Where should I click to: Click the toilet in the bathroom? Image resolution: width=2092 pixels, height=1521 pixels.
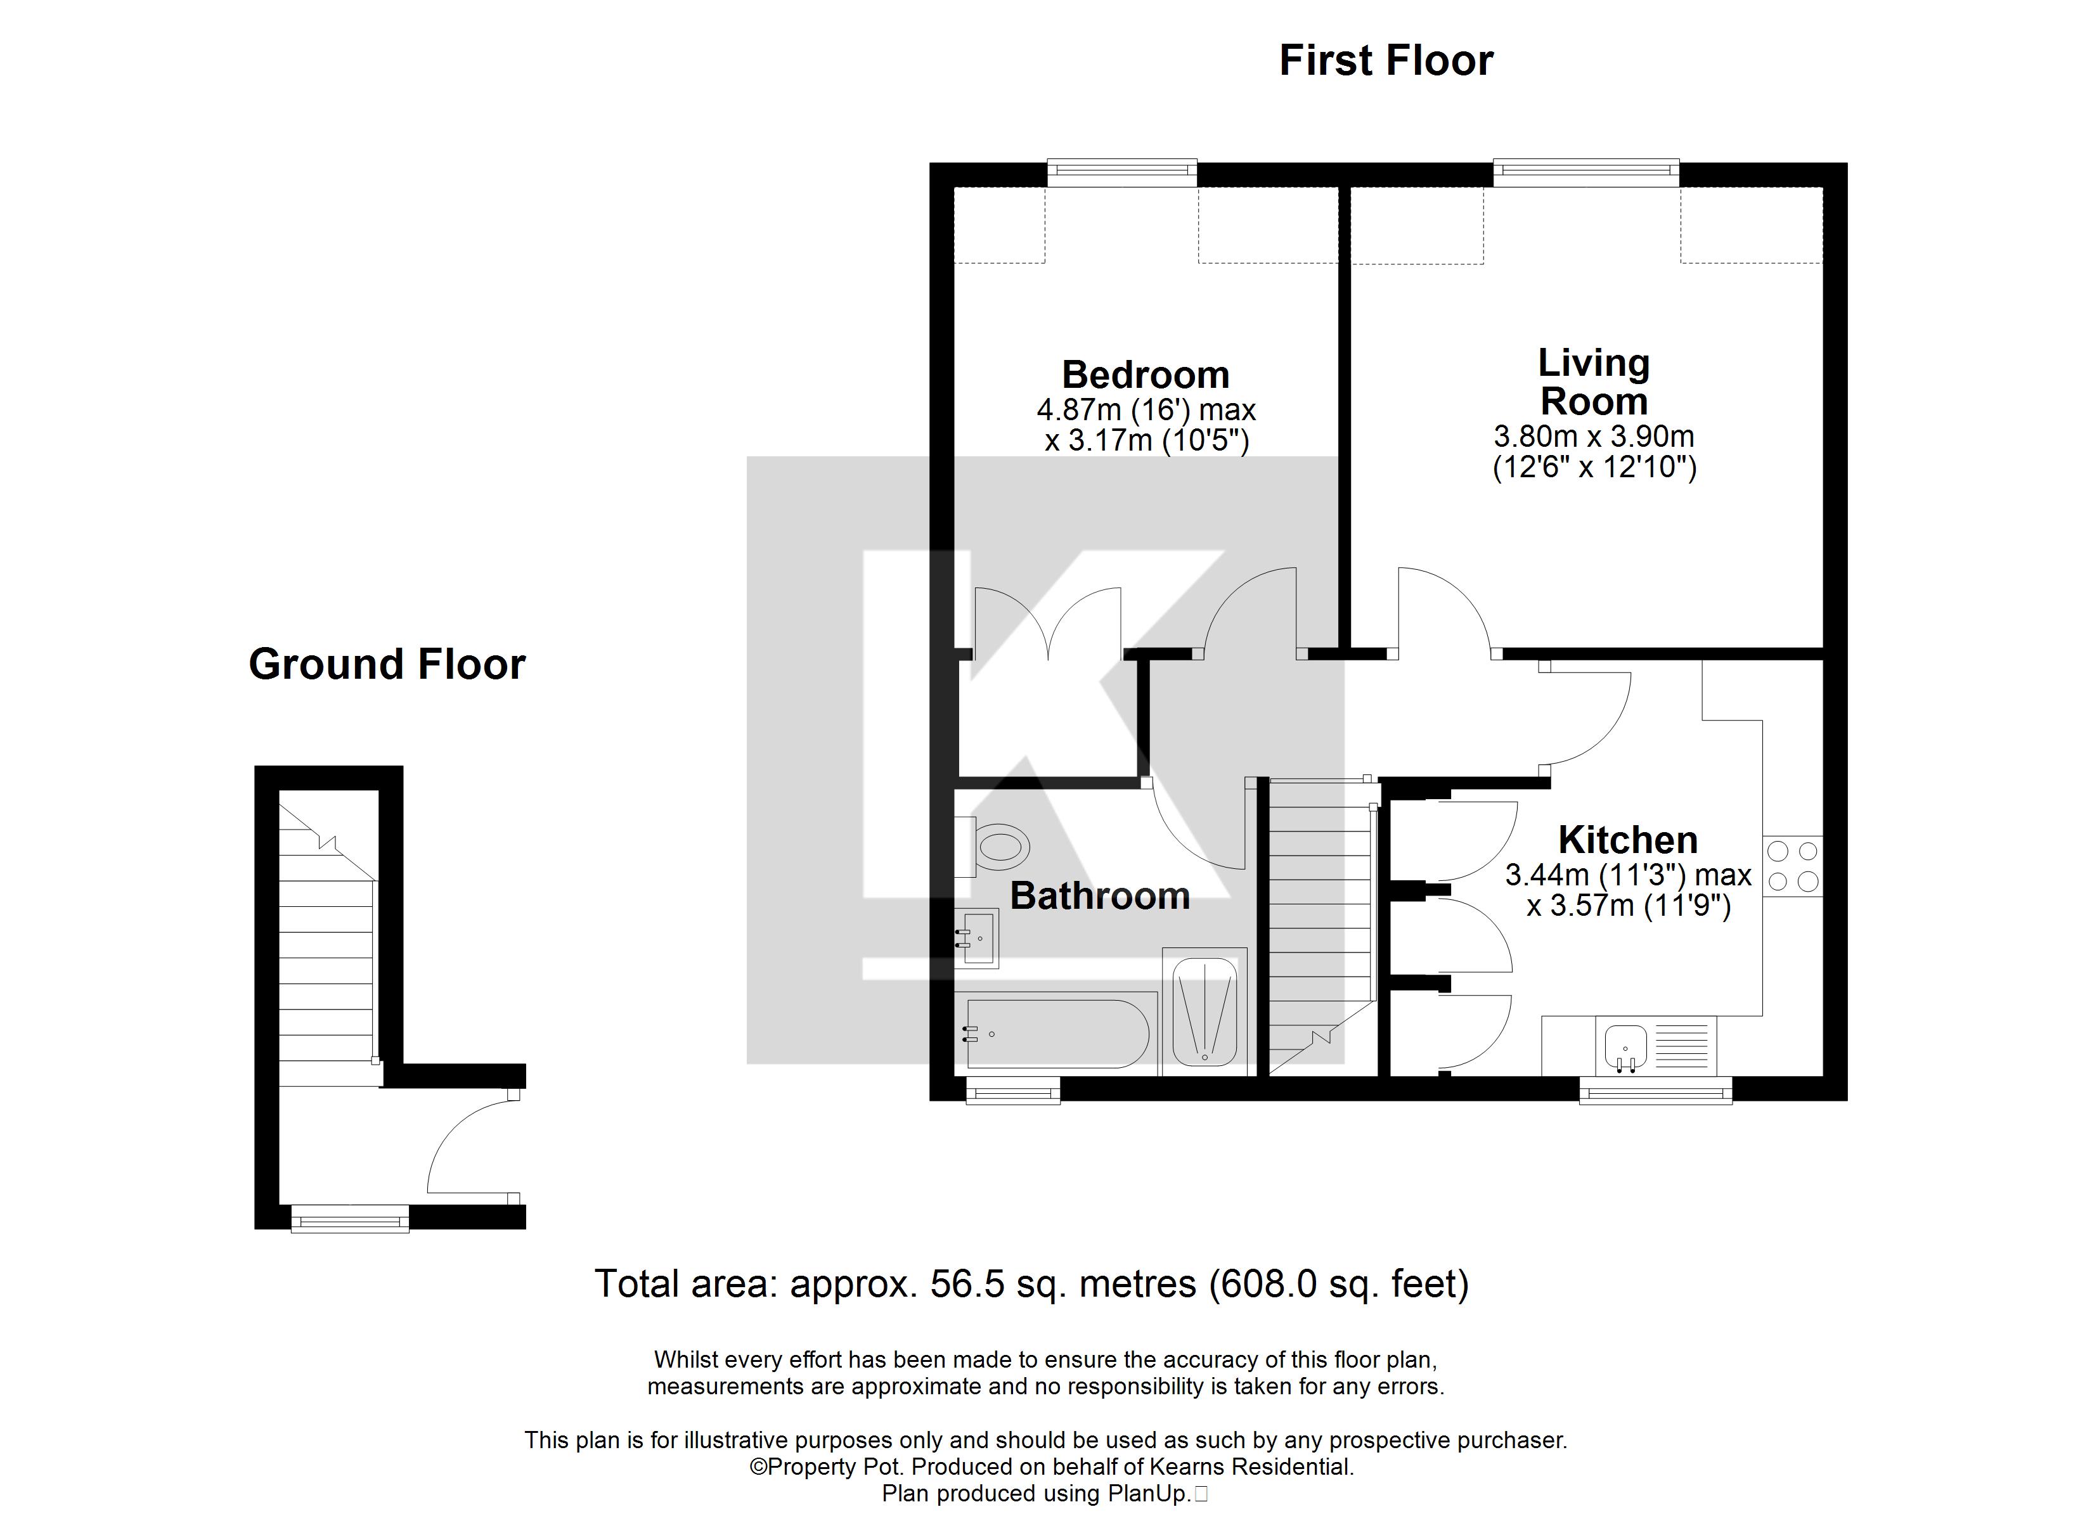pos(995,846)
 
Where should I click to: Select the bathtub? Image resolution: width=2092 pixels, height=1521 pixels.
pos(1054,1034)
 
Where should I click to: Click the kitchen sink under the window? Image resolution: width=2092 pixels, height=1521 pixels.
pos(1625,1047)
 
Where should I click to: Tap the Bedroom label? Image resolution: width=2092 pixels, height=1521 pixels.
pos(1146,375)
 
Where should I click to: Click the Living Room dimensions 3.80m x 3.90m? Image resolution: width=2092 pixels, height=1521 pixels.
pos(1594,436)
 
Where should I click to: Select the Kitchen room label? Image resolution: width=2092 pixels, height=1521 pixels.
pos(1628,839)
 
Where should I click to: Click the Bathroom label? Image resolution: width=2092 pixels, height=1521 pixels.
pos(1099,895)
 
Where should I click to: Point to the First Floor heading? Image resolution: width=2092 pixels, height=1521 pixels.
pos(1385,61)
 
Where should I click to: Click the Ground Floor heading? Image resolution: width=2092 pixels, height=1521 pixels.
pos(387,664)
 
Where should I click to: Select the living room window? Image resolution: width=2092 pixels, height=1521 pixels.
pos(1585,172)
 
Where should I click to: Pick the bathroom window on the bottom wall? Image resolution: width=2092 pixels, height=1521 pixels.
pos(1013,1092)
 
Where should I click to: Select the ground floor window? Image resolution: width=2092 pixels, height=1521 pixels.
pos(349,1219)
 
